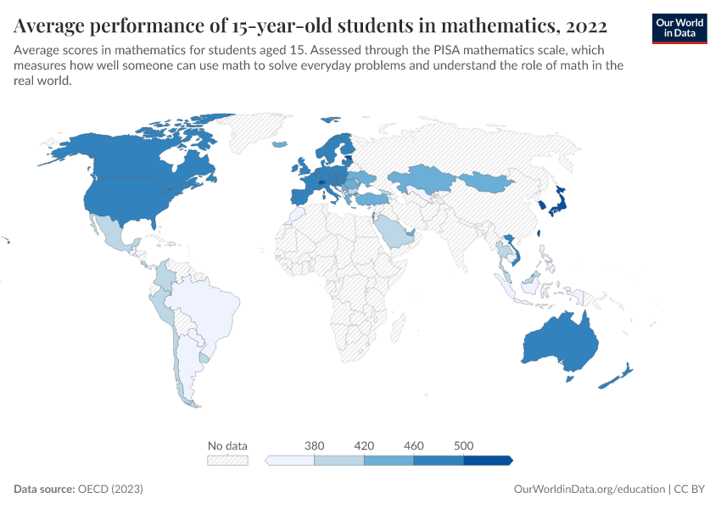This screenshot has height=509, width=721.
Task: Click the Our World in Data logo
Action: [x=679, y=27]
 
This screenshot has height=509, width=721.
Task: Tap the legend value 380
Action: [x=314, y=445]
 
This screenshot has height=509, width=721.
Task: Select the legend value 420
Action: [x=364, y=445]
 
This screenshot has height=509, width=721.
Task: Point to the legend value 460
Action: [x=413, y=445]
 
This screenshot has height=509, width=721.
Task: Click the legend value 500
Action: [x=463, y=445]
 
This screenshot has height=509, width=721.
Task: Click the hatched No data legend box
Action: [x=227, y=460]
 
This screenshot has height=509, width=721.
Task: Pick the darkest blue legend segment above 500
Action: [x=487, y=460]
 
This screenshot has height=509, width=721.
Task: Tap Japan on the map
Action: [x=556, y=202]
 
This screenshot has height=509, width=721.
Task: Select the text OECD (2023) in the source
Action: [x=110, y=489]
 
